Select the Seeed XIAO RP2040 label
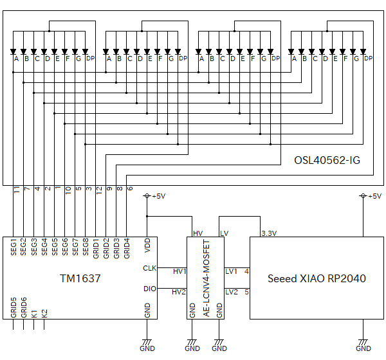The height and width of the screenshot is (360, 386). pos(317,278)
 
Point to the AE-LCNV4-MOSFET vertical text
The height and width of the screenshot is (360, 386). pos(207,276)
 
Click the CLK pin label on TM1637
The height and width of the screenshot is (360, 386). pos(149,268)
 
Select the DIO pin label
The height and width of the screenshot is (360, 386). pos(149,289)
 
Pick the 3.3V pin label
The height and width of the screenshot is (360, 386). pos(269,233)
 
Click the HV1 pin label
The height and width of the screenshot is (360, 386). pos(179,271)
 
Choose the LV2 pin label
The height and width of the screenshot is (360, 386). pos(231,292)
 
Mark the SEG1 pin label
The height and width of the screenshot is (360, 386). pos(14,248)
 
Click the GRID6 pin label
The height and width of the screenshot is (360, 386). pos(24,307)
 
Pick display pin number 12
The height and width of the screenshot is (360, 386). pos(98,190)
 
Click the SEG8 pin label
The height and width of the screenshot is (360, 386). pos(86,248)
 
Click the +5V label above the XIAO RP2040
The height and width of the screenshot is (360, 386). pos(372,196)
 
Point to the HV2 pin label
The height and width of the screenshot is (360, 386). pos(179,292)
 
